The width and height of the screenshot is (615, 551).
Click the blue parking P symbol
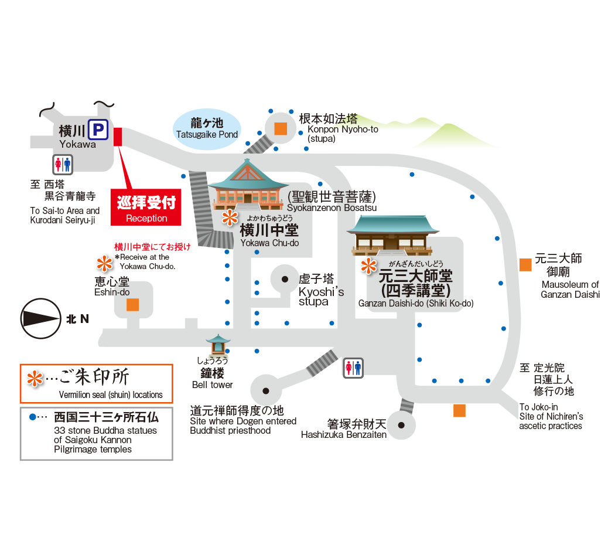click(x=99, y=130)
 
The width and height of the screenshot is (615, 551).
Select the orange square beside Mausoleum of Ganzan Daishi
click(x=525, y=264)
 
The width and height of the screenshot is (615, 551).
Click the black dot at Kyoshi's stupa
click(x=285, y=279)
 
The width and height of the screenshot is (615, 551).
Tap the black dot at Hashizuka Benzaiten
click(x=401, y=426)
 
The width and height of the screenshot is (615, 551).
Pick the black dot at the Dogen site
click(x=265, y=390)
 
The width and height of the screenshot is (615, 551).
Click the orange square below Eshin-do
click(x=133, y=305)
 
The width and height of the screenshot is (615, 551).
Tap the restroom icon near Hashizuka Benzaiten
click(x=353, y=368)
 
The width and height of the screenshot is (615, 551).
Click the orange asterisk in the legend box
click(x=36, y=379)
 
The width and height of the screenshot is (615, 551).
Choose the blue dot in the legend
click(x=33, y=417)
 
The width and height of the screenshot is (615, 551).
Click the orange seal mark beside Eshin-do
click(x=105, y=262)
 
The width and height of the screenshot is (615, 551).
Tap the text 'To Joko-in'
click(x=539, y=407)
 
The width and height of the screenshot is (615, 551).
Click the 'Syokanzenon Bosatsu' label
click(x=332, y=208)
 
